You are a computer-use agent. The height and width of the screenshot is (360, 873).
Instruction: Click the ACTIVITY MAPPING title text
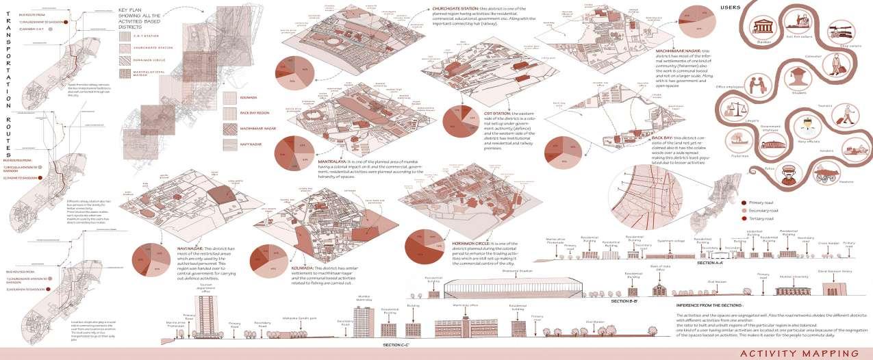(x=798, y=352)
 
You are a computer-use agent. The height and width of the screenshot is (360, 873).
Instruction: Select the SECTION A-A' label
(x=711, y=262)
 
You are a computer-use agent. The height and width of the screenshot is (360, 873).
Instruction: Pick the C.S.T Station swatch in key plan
(x=126, y=34)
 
